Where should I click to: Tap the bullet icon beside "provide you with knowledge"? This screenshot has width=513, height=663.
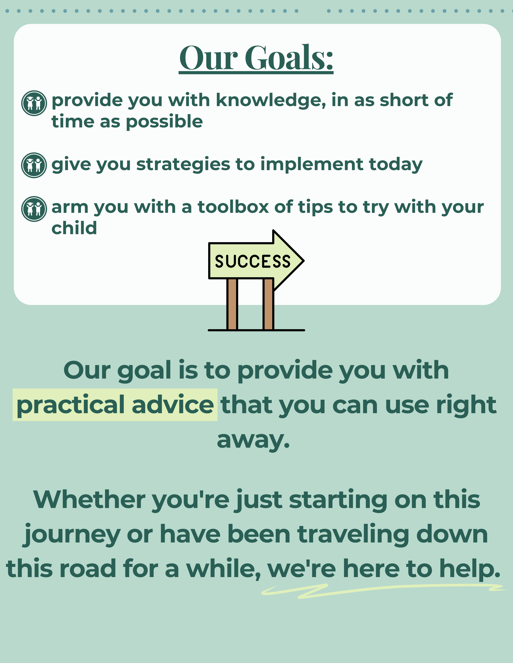tap(34, 103)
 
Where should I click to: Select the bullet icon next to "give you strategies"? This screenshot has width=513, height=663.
tap(34, 165)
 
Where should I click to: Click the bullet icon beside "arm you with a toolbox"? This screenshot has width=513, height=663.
tap(34, 209)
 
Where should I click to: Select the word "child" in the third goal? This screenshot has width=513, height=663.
tap(74, 228)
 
